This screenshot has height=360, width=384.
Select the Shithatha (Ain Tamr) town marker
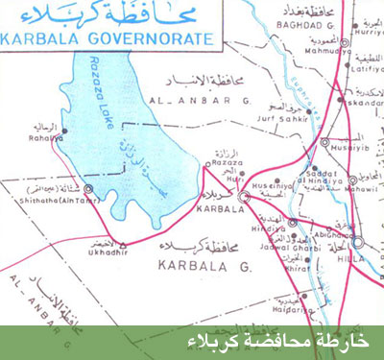tap(88, 188)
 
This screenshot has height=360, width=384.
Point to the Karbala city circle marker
tap(244, 194)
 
